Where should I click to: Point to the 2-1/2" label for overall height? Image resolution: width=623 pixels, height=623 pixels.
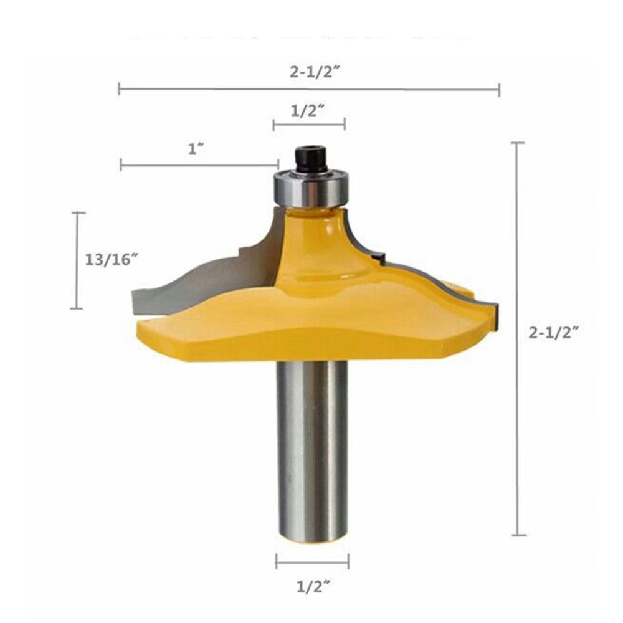pyautogui.click(x=554, y=333)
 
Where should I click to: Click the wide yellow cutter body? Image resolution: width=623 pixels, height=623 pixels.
pyautogui.click(x=311, y=324)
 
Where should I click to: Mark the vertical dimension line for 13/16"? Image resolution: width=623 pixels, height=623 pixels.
pyautogui.click(x=77, y=260)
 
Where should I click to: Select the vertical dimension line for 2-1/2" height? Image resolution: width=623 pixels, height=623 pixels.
pyautogui.click(x=518, y=340)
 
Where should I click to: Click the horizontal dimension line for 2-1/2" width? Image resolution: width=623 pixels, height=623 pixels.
pyautogui.click(x=309, y=89)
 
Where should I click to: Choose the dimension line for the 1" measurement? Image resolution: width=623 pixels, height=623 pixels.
pyautogui.click(x=199, y=165)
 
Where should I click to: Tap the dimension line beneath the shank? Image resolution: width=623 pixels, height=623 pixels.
pyautogui.click(x=312, y=563)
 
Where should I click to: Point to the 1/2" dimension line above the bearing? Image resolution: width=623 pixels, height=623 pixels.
pyautogui.click(x=309, y=125)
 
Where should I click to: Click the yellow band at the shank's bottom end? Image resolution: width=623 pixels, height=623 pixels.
pyautogui.click(x=312, y=542)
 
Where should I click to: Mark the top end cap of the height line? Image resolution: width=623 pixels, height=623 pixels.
pyautogui.click(x=518, y=143)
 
